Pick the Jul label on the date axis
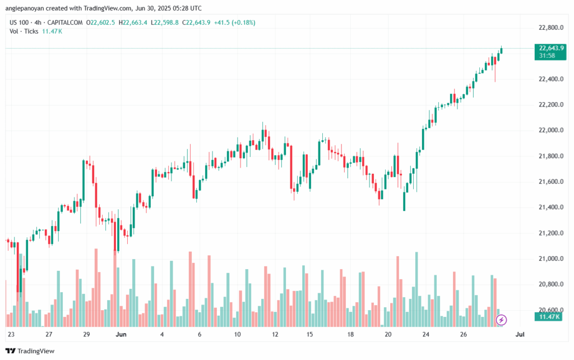pyautogui.click(x=520, y=334)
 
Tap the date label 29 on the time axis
pyautogui.click(x=86, y=334)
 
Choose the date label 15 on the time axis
pyautogui.click(x=309, y=334)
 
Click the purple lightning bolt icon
pyautogui.click(x=502, y=320)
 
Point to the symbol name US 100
pyautogui.click(x=20, y=22)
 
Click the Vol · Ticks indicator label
pyautogui.click(x=24, y=31)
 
